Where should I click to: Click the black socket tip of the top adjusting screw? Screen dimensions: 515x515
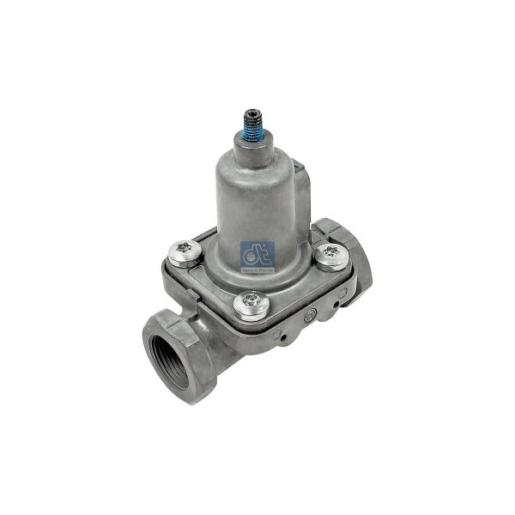254,113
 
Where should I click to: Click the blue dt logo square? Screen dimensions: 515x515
271,254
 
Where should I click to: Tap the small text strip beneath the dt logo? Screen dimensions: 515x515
271,267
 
